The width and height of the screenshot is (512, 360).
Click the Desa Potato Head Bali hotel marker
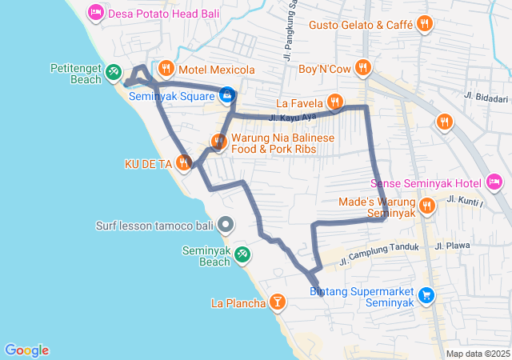96,12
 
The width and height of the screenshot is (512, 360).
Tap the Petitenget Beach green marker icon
114,73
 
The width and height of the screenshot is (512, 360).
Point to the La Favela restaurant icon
334,102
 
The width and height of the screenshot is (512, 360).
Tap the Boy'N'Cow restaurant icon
363,68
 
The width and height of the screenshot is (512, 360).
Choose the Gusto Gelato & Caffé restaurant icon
424,25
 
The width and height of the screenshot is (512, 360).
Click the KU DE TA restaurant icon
184,163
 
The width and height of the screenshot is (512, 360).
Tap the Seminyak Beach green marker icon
242,254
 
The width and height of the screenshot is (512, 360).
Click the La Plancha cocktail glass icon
277,302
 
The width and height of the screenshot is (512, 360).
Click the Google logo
26,350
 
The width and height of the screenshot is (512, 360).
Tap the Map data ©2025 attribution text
478,354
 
